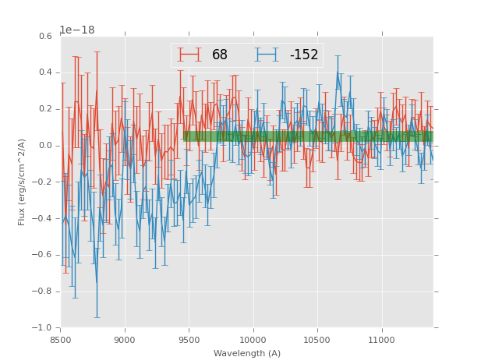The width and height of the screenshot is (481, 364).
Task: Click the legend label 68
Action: [220, 55]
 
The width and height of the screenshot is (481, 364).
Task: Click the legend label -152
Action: [304, 55]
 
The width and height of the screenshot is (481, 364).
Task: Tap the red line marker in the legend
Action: [189, 55]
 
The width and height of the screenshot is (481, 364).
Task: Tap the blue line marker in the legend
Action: [267, 55]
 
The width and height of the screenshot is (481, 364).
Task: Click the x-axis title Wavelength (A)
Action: [247, 353]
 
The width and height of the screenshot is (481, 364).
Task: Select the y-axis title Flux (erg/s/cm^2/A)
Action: [22, 182]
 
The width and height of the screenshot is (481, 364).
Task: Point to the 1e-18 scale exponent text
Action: [76, 30]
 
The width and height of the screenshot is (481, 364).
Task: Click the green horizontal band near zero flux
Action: [307, 136]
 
